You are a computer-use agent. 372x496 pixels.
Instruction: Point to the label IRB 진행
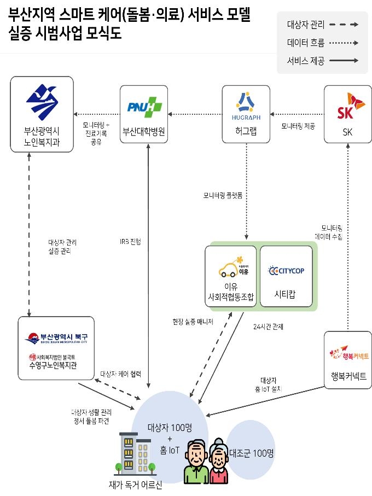pyautogui.click(x=130, y=241)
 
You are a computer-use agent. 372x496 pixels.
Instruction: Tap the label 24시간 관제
pyautogui.click(x=268, y=326)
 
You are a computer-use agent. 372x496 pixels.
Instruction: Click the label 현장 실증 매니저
pyautogui.click(x=193, y=322)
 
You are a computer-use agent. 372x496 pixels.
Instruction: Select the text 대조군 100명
pyautogui.click(x=251, y=453)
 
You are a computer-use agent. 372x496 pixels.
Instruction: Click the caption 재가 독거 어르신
pyautogui.click(x=135, y=485)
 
